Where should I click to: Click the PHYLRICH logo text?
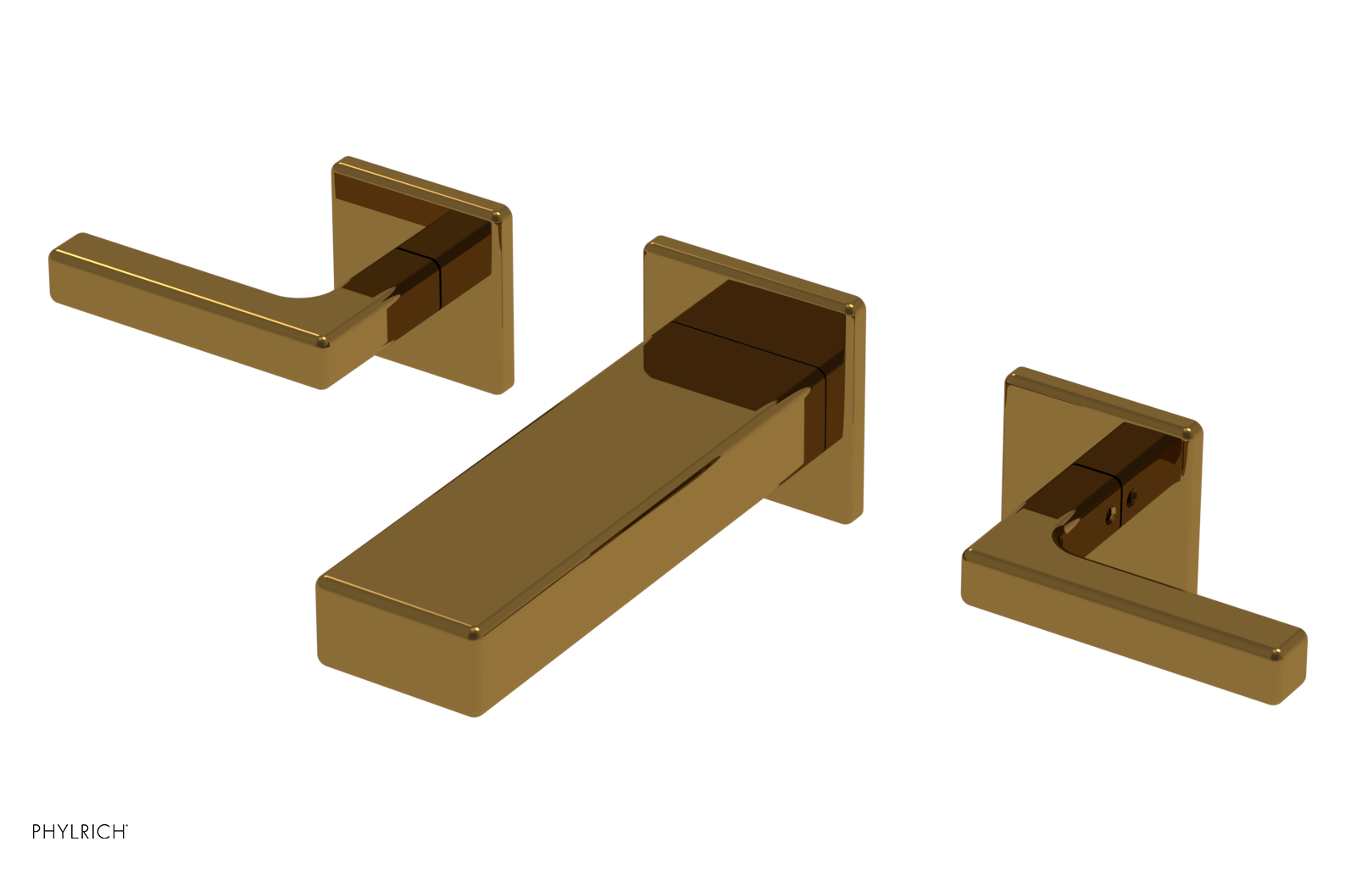pos(79,832)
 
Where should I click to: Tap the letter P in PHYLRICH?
pos(37,832)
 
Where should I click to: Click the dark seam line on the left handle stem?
pos(438,276)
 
